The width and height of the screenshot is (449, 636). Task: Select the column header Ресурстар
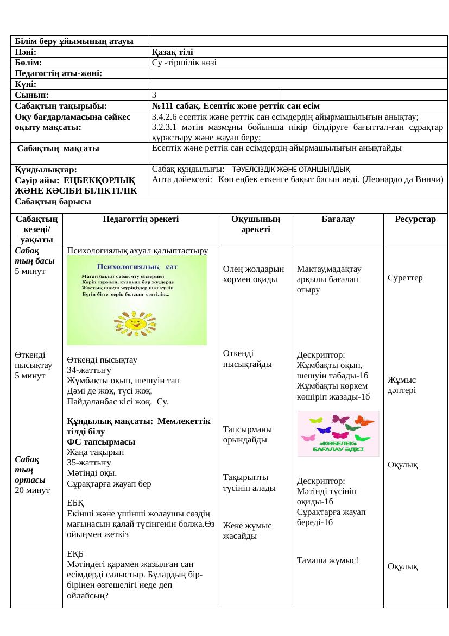415,219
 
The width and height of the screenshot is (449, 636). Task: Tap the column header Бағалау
338,219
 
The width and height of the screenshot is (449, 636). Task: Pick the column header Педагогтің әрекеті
141,219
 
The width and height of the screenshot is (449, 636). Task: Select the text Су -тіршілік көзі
185,63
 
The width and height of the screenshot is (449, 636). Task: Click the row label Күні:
26,84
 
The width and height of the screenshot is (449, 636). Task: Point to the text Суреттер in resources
405,278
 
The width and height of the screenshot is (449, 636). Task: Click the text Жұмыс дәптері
402,385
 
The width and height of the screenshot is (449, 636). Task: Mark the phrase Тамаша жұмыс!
327,560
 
